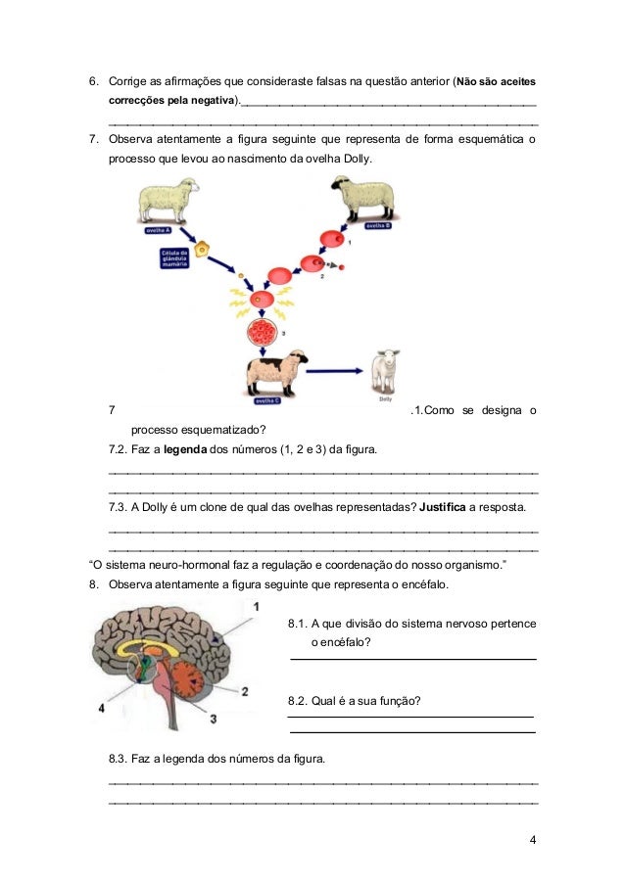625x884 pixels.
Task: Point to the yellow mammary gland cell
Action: click(x=202, y=250)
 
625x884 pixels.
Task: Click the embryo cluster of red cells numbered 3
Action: click(x=263, y=332)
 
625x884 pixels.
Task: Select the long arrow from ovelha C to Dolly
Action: click(x=334, y=370)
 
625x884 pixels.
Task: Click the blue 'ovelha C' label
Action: click(x=266, y=400)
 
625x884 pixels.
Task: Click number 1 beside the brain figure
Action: click(x=256, y=607)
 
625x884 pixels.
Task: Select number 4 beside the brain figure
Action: click(x=101, y=707)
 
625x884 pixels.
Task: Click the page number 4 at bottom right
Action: click(x=532, y=840)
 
